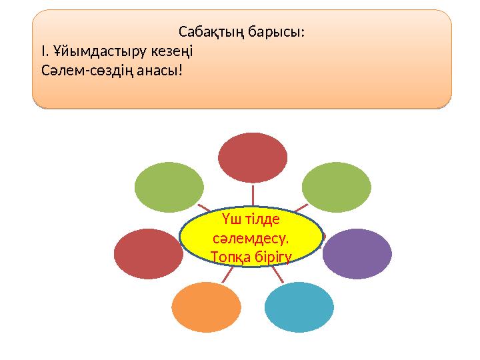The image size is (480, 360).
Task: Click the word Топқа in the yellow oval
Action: point(229,255)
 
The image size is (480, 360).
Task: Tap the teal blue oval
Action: point(299,307)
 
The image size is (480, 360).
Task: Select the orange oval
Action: point(205,307)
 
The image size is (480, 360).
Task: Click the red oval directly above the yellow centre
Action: point(253,157)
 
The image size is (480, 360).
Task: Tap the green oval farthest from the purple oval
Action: point(169,187)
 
